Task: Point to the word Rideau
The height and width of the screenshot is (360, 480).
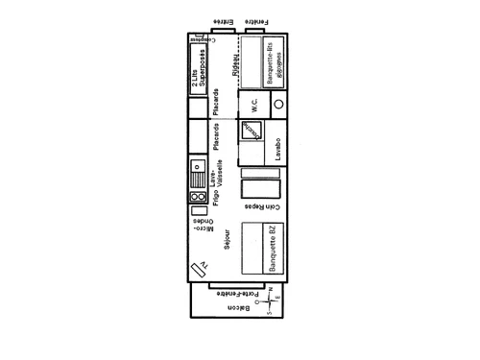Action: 236,63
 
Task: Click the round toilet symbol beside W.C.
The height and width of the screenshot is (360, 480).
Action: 279,104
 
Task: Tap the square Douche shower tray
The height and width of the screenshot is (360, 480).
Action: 251,130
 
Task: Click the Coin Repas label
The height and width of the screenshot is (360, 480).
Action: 261,205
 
